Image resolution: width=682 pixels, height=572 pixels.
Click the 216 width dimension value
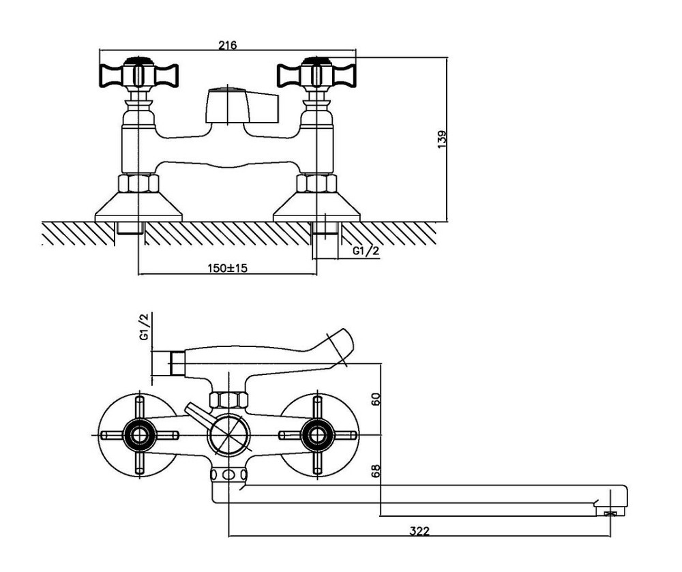click(228, 45)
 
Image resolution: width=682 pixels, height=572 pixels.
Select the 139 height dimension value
click(442, 140)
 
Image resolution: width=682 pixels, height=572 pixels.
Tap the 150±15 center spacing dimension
click(227, 268)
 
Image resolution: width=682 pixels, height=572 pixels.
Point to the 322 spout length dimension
click(419, 530)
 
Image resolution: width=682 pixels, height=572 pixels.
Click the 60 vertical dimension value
click(376, 399)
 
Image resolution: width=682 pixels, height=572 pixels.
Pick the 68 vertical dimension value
click(376, 470)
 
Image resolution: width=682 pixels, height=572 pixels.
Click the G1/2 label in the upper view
click(366, 251)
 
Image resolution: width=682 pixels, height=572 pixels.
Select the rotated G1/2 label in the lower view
click(144, 327)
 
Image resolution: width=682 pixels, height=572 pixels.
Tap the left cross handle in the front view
click(139, 73)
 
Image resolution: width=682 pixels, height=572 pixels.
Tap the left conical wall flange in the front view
click(138, 207)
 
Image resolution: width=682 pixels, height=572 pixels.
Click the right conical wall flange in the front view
click(316, 207)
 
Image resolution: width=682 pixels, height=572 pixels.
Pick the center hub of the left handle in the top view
click(139, 435)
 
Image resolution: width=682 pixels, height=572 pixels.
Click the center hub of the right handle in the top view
click(317, 435)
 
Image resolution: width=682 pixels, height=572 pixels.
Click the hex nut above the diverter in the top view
click(228, 400)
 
